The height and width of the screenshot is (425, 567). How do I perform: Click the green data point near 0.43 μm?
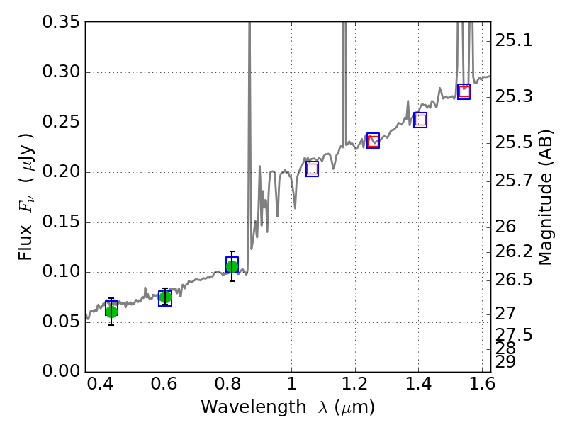(x=111, y=311)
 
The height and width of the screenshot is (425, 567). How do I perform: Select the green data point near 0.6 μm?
(x=165, y=297)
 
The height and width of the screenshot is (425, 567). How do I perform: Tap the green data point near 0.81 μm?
(x=232, y=266)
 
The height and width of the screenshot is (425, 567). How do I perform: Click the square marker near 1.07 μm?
(x=312, y=169)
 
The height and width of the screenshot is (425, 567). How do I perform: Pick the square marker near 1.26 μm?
(x=374, y=140)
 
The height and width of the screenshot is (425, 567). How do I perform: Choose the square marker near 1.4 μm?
(x=420, y=120)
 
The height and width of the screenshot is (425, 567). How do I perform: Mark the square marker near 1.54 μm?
(x=464, y=91)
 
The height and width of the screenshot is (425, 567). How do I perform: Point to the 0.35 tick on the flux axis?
(x=62, y=23)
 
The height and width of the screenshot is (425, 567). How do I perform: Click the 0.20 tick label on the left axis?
(x=62, y=172)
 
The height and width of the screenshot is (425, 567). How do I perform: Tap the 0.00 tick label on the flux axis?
(x=62, y=372)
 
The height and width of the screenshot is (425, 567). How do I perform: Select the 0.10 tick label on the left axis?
(x=62, y=272)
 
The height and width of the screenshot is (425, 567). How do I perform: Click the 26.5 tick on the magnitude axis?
(x=513, y=280)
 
